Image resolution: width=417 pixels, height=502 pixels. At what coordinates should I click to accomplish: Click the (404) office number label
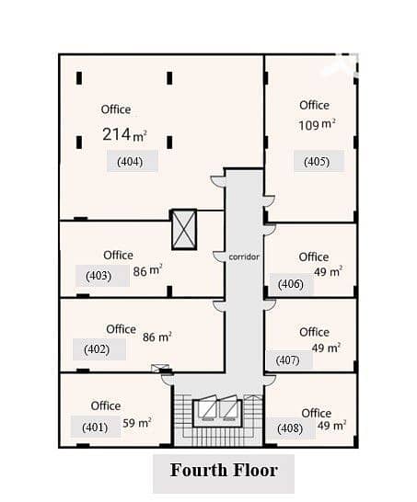click(x=130, y=162)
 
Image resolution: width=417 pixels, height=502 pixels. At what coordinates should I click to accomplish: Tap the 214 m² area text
click(x=124, y=134)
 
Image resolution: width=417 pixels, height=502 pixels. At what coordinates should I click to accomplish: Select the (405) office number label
click(x=317, y=162)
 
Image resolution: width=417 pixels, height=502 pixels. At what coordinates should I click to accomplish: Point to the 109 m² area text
click(x=317, y=125)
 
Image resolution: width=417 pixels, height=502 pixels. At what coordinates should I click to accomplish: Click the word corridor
click(x=244, y=257)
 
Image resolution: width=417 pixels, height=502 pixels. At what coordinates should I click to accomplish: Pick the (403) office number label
click(x=98, y=276)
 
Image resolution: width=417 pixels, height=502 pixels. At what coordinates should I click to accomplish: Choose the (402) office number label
click(x=97, y=349)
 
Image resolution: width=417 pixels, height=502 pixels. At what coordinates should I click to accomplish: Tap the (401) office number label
click(x=95, y=428)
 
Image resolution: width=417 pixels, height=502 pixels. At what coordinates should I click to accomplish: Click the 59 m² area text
click(x=137, y=423)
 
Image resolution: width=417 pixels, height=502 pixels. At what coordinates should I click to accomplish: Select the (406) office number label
click(x=290, y=284)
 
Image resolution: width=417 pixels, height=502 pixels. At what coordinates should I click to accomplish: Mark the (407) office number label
click(x=287, y=360)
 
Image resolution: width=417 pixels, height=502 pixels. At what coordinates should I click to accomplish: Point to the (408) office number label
click(x=290, y=428)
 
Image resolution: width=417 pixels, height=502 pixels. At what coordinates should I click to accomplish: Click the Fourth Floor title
click(x=224, y=470)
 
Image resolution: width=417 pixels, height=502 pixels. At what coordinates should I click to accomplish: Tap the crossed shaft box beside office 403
click(x=184, y=230)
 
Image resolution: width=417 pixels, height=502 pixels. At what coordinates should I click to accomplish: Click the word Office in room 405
click(x=314, y=106)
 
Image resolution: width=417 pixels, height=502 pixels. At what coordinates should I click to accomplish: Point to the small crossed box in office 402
click(x=160, y=368)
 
